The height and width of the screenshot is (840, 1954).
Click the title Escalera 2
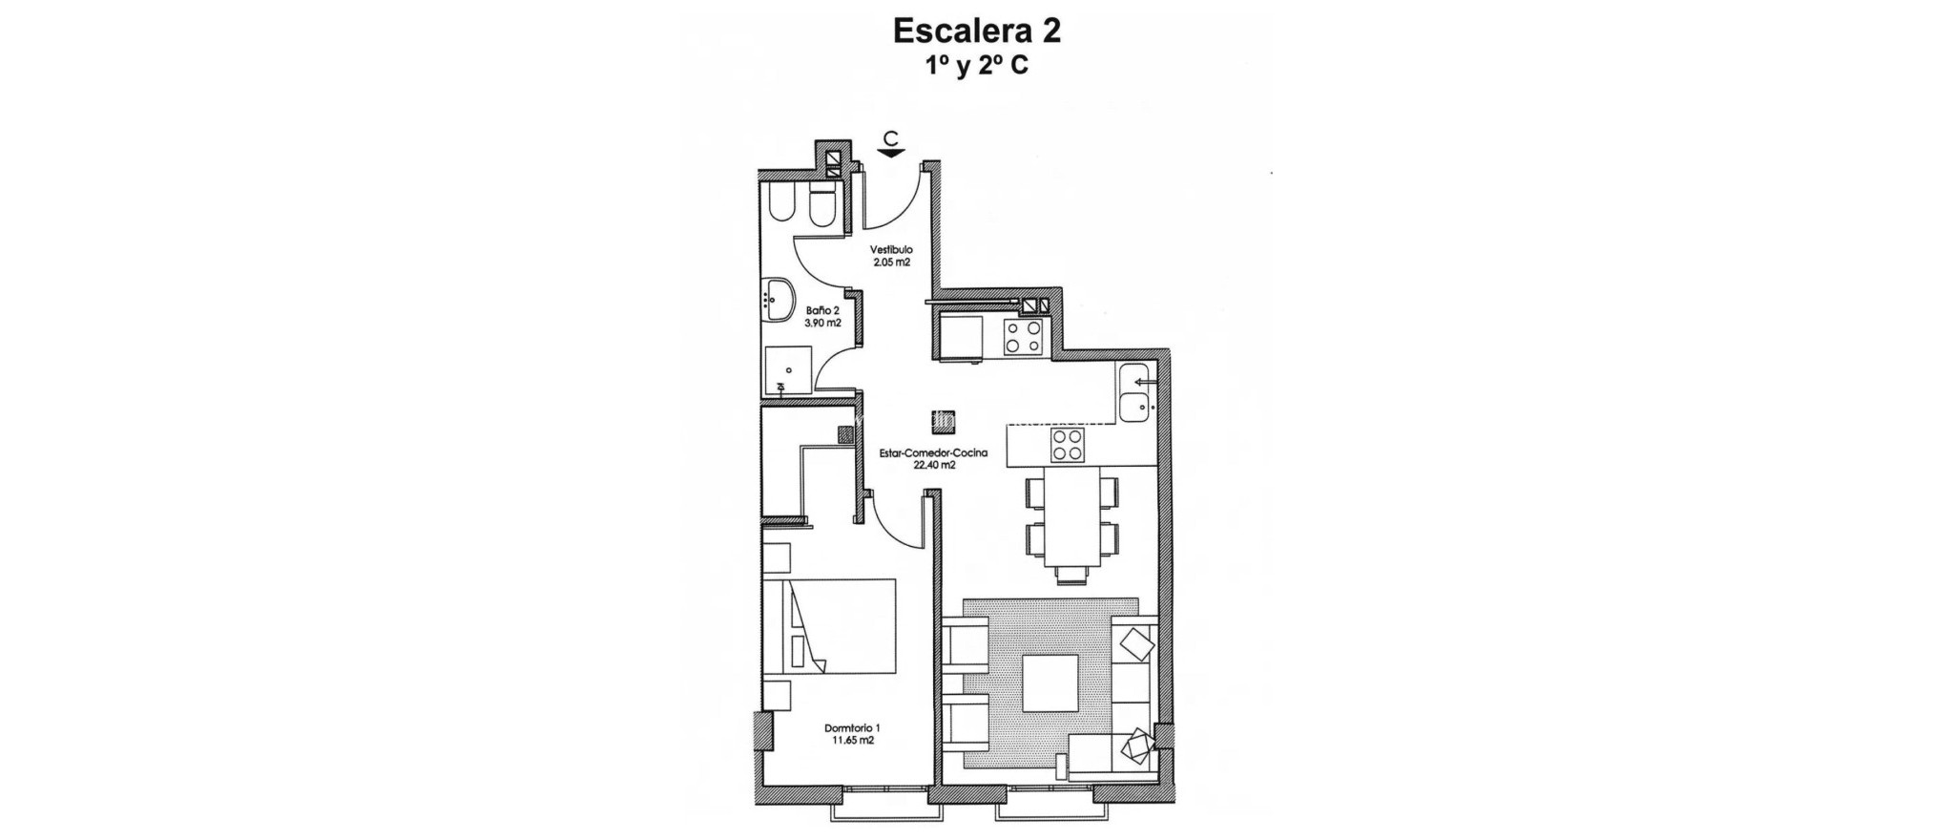pos(976,31)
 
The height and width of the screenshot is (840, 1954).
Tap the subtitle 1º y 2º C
pos(976,67)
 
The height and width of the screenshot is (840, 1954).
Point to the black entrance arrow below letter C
pos(891,152)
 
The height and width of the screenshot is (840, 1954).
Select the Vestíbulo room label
pos(891,250)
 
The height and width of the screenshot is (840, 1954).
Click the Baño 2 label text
pos(822,310)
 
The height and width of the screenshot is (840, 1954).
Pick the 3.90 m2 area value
pos(822,323)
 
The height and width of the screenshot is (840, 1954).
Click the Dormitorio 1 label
pos(852,727)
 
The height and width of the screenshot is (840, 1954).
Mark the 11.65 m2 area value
pos(852,740)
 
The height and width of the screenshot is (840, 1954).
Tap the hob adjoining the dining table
pos(1068,445)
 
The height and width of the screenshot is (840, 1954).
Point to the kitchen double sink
pos(1135,392)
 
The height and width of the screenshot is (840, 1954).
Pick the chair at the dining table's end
pos(1071,574)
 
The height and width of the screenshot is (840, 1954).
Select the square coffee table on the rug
pos(1050,682)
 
